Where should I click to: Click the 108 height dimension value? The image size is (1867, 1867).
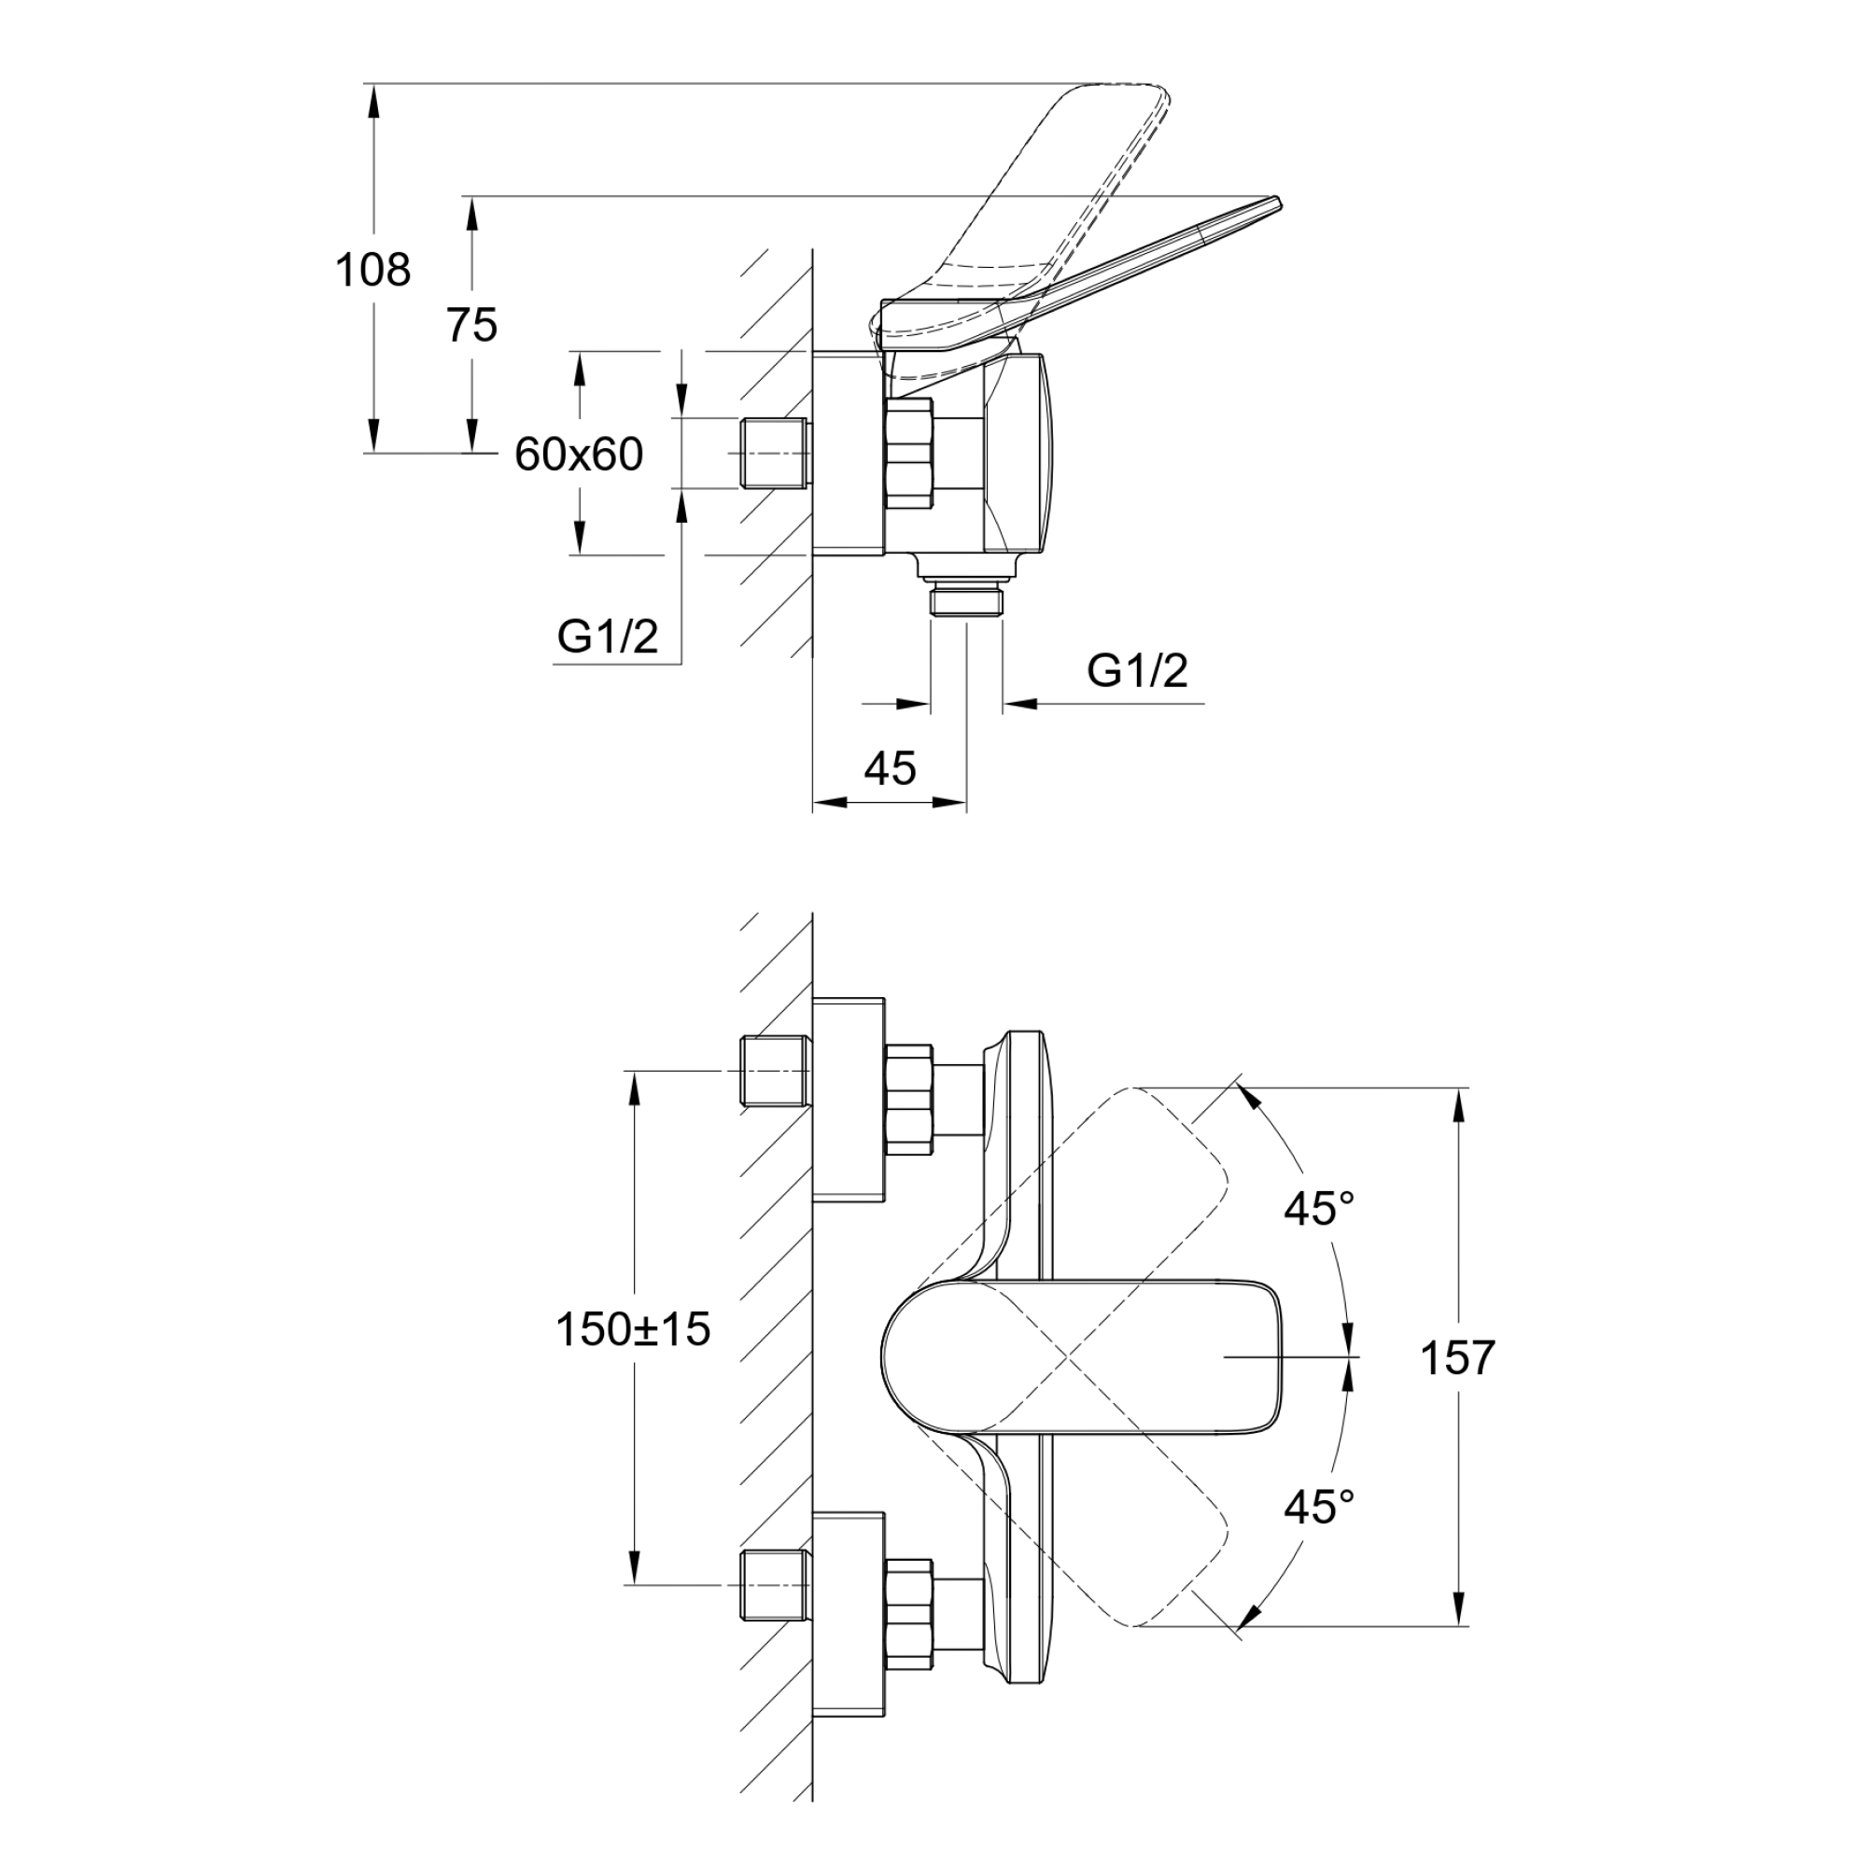tap(372, 270)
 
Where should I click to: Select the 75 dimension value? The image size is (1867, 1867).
tap(471, 326)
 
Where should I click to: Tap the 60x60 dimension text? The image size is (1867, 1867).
tap(579, 455)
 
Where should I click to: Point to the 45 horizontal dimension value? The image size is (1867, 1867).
tap(889, 768)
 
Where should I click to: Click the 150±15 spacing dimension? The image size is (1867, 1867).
tap(633, 1329)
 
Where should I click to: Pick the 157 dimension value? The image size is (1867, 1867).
tap(1457, 1357)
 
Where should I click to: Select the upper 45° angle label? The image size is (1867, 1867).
tap(1319, 1209)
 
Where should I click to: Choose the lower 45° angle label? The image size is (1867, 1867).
tap(1319, 1506)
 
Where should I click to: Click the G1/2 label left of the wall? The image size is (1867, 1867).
tap(608, 637)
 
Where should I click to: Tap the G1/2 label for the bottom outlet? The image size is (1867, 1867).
tap(1137, 670)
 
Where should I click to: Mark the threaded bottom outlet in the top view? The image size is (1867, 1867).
tap(966, 600)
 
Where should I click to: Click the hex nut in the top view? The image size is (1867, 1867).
tap(909, 455)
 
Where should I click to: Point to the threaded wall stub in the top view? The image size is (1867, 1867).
tap(774, 455)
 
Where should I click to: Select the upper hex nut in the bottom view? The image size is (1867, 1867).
tap(909, 1099)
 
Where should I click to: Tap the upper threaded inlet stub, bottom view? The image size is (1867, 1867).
tap(774, 1071)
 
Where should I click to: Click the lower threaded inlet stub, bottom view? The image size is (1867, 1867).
tap(774, 1585)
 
